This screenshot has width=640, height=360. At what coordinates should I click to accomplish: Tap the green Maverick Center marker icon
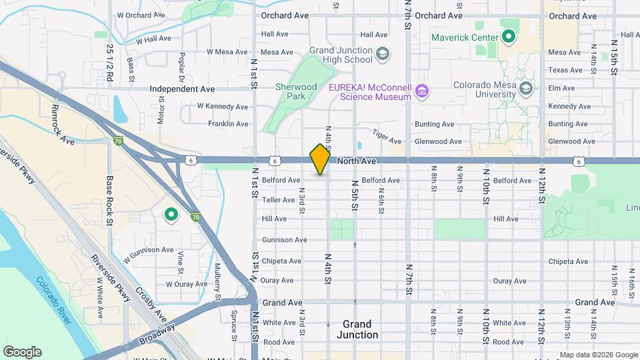(x=509, y=37)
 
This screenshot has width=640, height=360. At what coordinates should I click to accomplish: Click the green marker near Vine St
(x=171, y=214)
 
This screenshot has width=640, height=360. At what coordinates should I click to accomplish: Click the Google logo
(x=22, y=352)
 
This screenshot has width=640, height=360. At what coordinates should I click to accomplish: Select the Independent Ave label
(x=182, y=89)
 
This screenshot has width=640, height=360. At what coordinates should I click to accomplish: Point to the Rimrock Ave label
(x=63, y=125)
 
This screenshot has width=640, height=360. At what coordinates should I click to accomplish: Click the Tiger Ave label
(x=387, y=135)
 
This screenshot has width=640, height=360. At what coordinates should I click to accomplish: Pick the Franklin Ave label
(x=228, y=124)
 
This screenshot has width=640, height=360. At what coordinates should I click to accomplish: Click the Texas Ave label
(x=565, y=70)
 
